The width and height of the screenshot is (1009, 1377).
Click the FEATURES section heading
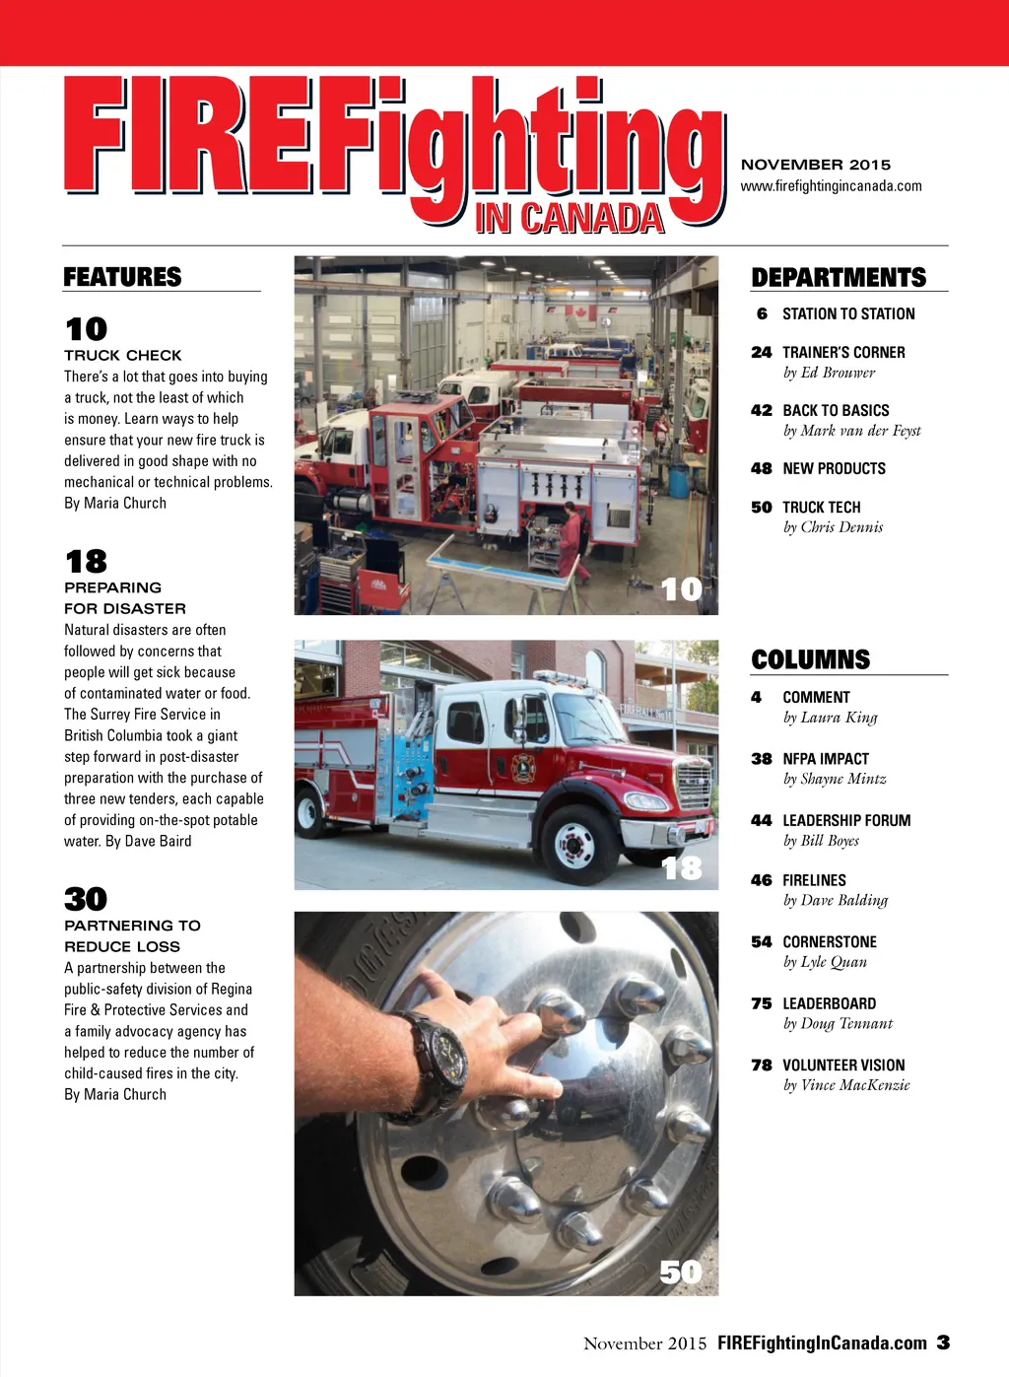click(x=122, y=277)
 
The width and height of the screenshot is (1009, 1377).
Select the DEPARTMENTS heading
click(x=839, y=277)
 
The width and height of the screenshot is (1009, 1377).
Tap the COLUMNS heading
click(x=810, y=659)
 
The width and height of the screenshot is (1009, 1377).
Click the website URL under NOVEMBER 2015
click(x=831, y=186)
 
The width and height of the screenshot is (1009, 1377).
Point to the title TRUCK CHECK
click(x=123, y=355)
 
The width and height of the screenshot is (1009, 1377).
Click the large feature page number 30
click(x=86, y=899)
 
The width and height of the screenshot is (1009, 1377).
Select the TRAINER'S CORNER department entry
click(x=843, y=352)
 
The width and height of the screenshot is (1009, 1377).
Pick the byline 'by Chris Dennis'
click(x=833, y=527)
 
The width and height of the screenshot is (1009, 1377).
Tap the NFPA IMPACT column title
click(x=826, y=759)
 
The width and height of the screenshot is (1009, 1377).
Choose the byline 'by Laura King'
click(x=830, y=718)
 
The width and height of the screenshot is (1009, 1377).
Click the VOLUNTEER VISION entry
click(x=843, y=1066)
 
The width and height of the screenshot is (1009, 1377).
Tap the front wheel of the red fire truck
click(x=573, y=843)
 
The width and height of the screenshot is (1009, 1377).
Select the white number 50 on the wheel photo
click(x=681, y=1273)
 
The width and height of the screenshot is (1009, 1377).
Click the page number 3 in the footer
click(x=943, y=1343)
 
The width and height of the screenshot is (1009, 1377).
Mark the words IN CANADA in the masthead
click(x=569, y=219)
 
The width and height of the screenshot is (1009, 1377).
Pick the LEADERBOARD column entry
click(x=829, y=1003)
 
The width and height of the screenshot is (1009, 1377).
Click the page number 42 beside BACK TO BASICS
click(x=761, y=410)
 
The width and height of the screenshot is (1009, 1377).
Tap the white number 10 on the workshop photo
click(x=681, y=589)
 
